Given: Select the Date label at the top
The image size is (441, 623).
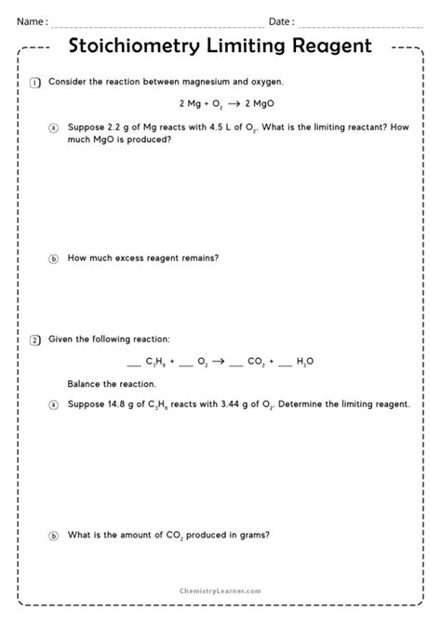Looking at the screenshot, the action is pos(281,21).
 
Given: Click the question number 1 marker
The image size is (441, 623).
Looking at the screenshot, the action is pos(35,83).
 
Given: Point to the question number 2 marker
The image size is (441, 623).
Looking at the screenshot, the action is pos(35,339).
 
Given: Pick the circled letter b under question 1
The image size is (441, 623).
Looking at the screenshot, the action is pos(53,258).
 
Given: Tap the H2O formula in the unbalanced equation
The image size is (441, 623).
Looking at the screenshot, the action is pos(304,363).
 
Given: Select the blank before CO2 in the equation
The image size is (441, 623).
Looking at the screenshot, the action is pos(238,365).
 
